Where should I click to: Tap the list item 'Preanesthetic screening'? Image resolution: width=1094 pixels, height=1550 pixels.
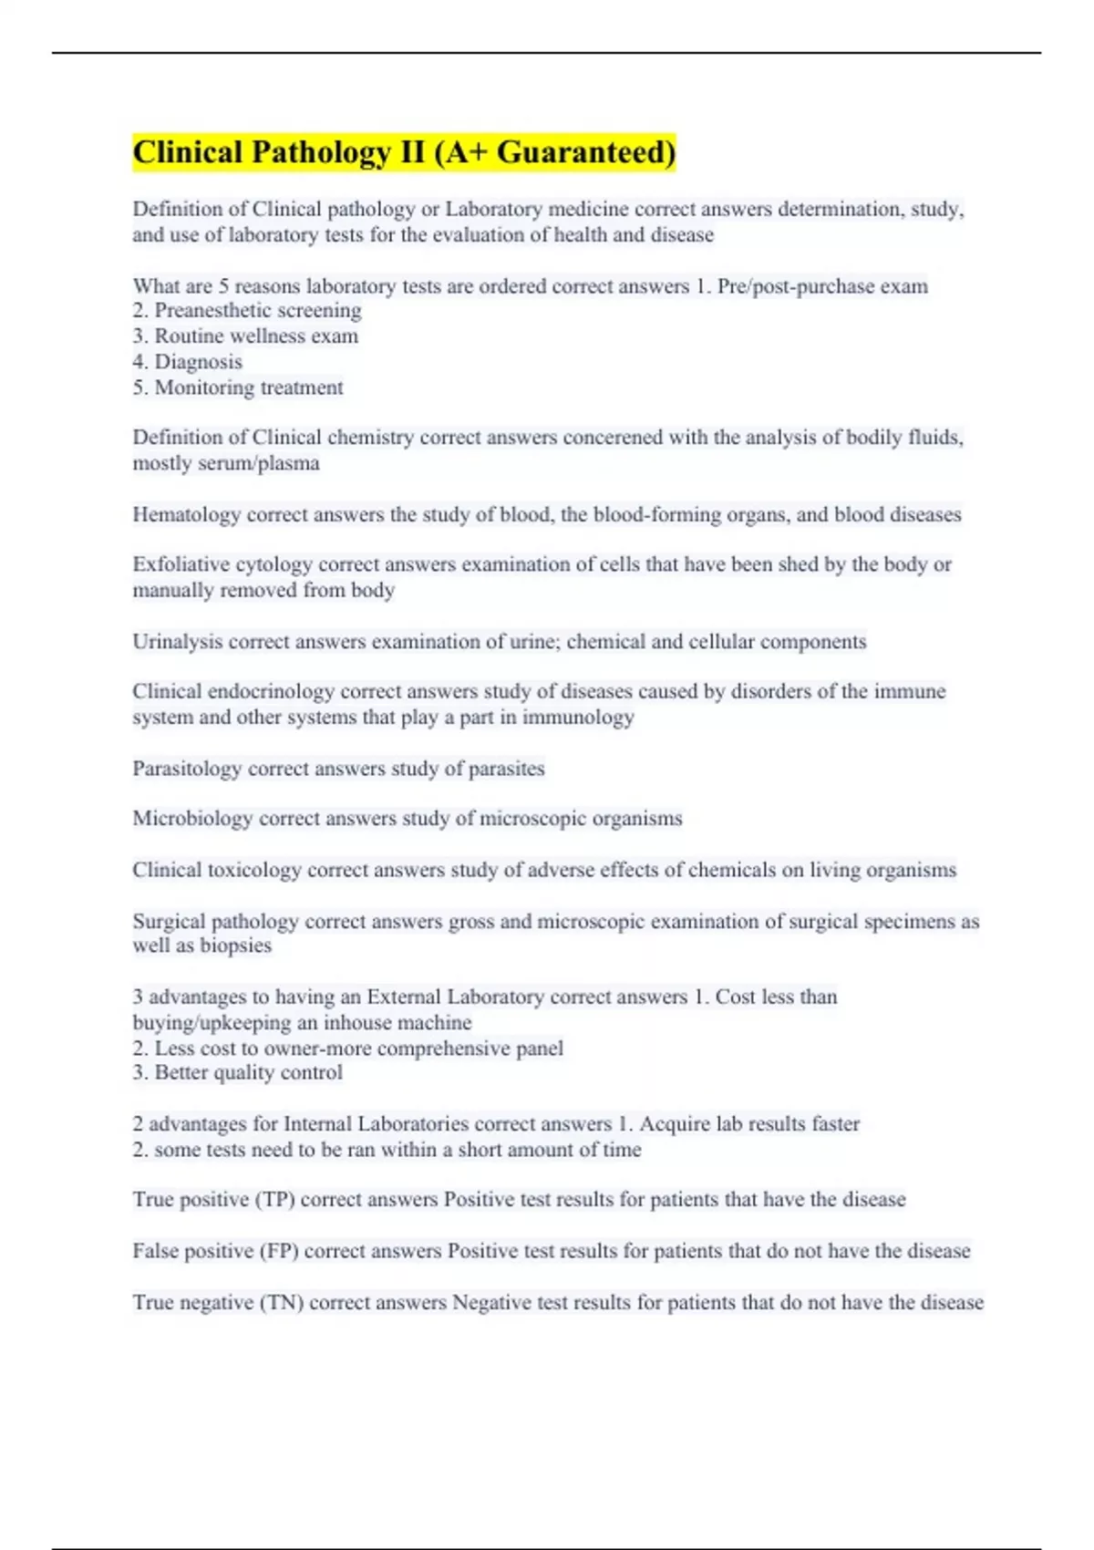click(x=247, y=311)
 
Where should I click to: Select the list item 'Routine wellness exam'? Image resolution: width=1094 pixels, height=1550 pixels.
click(x=245, y=336)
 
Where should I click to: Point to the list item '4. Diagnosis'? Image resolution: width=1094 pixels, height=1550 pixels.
click(x=188, y=362)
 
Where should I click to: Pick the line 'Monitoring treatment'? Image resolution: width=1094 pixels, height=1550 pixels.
click(x=238, y=387)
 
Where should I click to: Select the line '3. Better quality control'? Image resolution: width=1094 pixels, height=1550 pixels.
click(x=238, y=1073)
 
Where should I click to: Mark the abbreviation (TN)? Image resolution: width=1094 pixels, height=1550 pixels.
click(x=282, y=1303)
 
